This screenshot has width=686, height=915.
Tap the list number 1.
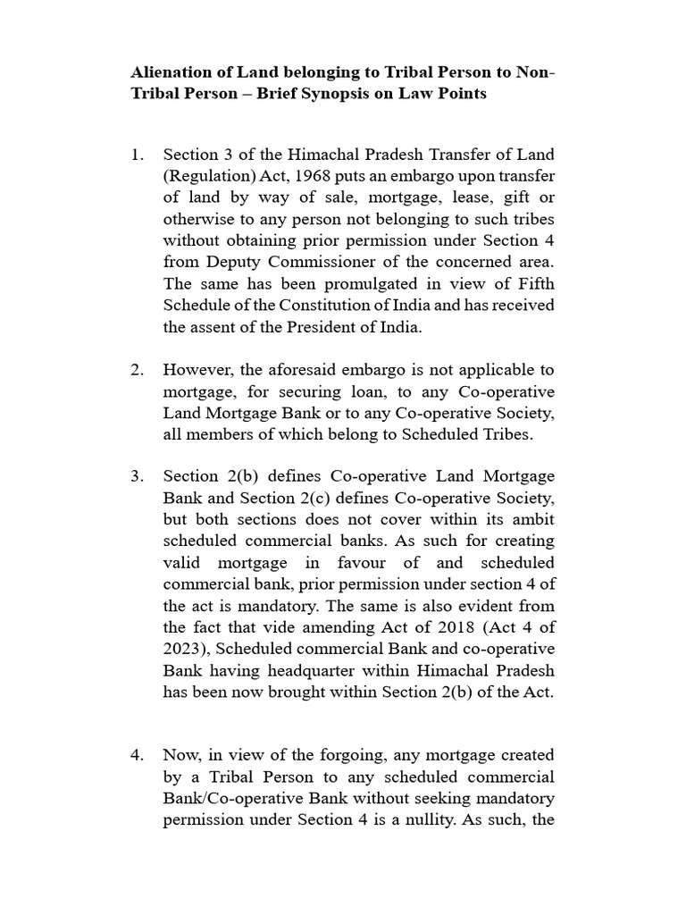pos(136,155)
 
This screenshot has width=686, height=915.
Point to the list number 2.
pos(136,370)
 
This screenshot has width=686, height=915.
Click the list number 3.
pos(136,476)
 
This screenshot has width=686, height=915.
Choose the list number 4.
pos(136,755)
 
